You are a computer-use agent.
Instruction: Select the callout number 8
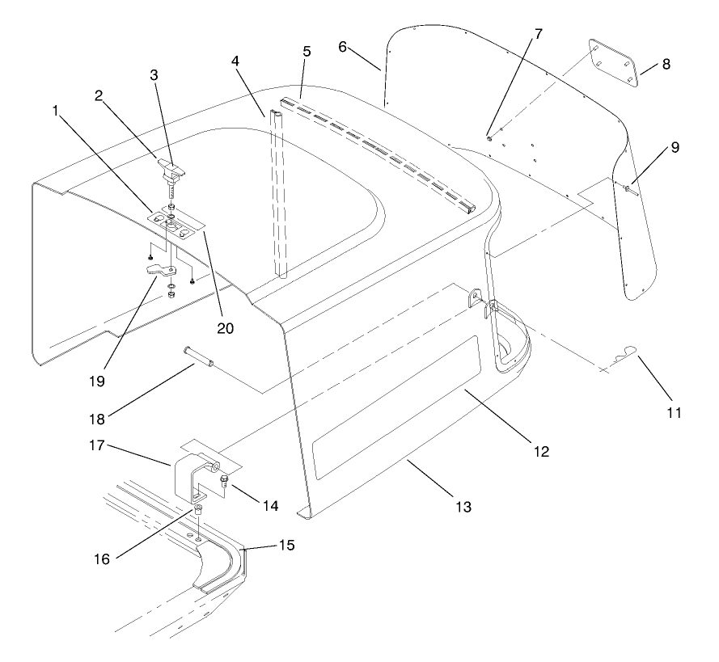click(666, 65)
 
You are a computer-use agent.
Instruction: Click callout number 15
click(285, 546)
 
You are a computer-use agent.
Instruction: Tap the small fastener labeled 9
click(628, 189)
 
